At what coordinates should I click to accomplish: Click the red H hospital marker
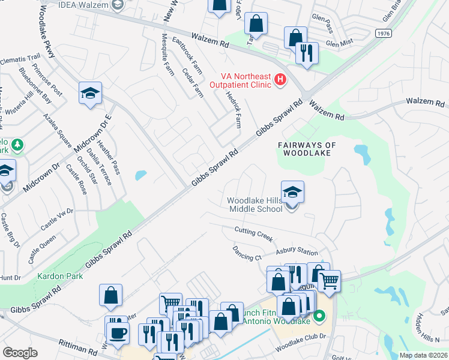point(279,79)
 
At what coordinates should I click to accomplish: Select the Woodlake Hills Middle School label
point(255,205)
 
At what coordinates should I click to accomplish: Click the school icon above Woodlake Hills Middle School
point(292,193)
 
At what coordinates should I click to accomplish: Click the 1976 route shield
point(385,33)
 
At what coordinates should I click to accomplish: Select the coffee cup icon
point(116,332)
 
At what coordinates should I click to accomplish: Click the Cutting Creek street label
point(253,232)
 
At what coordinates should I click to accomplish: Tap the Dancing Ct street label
point(246,252)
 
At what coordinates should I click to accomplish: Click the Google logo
point(20,352)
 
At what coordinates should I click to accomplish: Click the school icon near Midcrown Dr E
point(90,94)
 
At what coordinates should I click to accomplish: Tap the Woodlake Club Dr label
point(300,346)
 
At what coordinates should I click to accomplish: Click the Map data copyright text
point(423,355)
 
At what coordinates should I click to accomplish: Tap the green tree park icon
point(18,145)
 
